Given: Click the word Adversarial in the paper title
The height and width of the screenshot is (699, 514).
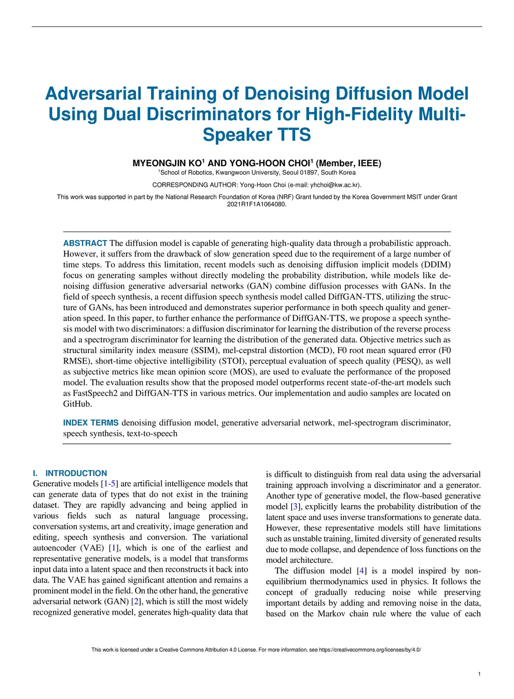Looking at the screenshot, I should point(93,94).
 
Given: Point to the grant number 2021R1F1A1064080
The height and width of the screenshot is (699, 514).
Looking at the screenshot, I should point(256,204).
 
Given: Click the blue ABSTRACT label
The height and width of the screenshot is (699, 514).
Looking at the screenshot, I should point(85,243).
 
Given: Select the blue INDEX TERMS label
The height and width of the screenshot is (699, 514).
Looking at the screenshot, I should point(91,423).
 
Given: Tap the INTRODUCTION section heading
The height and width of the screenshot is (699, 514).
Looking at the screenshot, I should point(76,473).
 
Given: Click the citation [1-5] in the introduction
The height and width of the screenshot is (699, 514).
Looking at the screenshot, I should point(109,484).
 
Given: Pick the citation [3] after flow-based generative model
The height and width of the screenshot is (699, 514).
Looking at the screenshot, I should point(296,507).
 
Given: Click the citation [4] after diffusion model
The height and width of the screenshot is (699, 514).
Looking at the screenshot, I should point(361,571).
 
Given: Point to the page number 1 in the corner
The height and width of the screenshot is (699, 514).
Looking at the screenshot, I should point(479,674).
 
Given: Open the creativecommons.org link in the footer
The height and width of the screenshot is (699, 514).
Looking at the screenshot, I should point(370,650).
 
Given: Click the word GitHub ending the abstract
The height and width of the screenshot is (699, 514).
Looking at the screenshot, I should point(77,404).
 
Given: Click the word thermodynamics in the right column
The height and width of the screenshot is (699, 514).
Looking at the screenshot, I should point(338,581).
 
